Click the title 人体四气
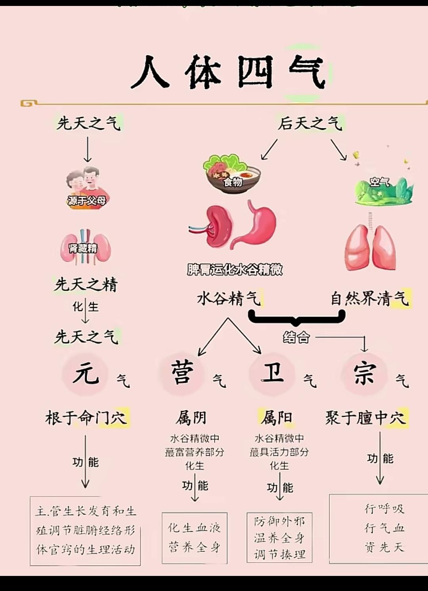229,72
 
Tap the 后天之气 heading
310,123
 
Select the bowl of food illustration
232,173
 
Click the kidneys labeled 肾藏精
86,247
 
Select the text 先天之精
86,285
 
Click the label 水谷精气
229,299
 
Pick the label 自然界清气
370,299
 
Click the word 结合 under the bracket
296,337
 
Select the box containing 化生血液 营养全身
195,538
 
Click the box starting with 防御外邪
279,537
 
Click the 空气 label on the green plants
380,182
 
